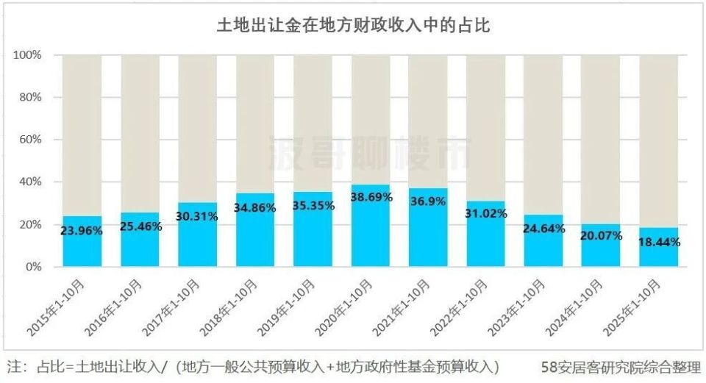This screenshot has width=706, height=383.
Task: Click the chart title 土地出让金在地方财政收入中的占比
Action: (x=353, y=26)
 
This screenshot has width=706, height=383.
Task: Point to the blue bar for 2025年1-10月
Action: (x=657, y=254)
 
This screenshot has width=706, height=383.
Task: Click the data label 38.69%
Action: (x=370, y=198)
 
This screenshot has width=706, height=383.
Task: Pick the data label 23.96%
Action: (x=82, y=230)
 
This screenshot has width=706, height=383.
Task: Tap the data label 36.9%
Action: (x=427, y=201)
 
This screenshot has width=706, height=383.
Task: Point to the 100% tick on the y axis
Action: (x=27, y=55)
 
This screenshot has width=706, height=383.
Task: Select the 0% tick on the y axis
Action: (x=33, y=267)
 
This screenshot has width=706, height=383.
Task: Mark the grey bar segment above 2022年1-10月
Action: (x=485, y=125)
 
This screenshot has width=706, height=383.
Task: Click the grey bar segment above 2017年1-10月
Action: (x=197, y=125)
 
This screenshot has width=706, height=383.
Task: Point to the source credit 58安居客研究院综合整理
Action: (x=619, y=366)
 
